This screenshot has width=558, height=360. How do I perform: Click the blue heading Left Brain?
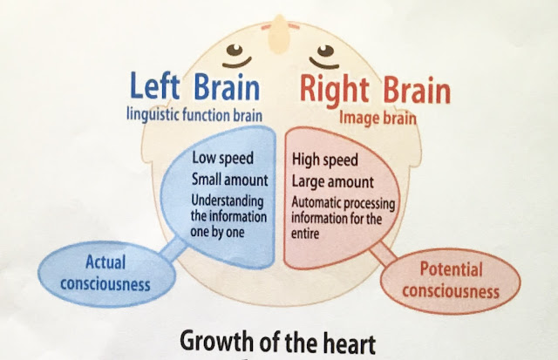pos(195,86)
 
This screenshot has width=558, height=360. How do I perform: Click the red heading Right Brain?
pos(375,91)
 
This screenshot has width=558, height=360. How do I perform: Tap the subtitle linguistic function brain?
pos(194,115)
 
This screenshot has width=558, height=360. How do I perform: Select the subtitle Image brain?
pos(378,118)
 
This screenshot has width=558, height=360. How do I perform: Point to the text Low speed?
pos(223,158)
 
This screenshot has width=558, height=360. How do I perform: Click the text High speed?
pos(325,160)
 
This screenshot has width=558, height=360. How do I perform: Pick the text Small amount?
pos(230,180)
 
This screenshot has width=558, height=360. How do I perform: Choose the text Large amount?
pos(333,182)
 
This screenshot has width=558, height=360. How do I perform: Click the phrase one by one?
pos(217,232)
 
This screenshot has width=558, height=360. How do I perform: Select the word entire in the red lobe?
pos(305,234)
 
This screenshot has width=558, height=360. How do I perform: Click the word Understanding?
pos(228,201)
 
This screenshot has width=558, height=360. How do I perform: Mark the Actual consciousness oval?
pos(106,274)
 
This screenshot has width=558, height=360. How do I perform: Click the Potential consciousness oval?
pos(451,281)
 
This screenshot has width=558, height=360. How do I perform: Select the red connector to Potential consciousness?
pos(383,254)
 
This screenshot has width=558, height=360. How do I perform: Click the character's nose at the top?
pos(279,34)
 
